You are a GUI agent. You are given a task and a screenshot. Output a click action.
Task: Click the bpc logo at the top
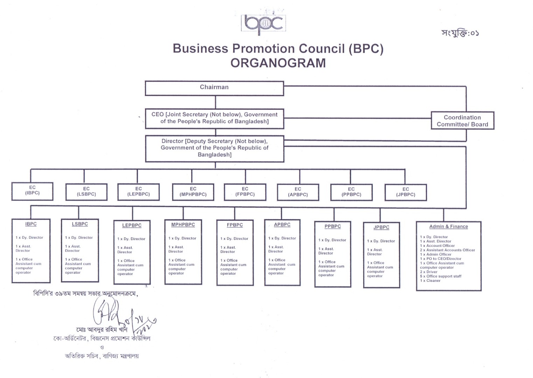263,23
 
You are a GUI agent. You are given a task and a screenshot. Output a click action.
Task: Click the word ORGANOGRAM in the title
278,63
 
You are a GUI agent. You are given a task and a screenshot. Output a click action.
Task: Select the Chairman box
214,88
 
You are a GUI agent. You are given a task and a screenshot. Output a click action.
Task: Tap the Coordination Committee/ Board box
462,121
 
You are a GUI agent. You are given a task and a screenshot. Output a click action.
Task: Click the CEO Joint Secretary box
214,118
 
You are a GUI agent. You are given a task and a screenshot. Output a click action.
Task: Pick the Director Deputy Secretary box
214,148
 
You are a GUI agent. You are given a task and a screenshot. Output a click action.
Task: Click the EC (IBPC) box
32,191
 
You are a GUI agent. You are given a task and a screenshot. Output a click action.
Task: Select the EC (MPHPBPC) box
193,192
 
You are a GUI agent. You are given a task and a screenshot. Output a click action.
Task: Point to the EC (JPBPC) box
406,192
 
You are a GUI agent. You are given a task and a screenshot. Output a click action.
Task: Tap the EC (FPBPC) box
245,192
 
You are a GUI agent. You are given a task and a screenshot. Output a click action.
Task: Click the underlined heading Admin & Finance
449,226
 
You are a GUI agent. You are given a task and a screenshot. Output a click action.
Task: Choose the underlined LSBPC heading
80,224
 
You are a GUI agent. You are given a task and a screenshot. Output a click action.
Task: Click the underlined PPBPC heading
332,226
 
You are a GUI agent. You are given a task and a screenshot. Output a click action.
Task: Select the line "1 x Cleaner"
430,281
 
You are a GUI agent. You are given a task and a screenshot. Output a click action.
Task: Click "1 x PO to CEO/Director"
441,259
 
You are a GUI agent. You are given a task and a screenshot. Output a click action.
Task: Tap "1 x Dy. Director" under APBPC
282,238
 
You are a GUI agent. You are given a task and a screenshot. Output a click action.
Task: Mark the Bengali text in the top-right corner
460,33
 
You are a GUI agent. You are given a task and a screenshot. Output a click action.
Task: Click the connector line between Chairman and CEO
215,102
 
